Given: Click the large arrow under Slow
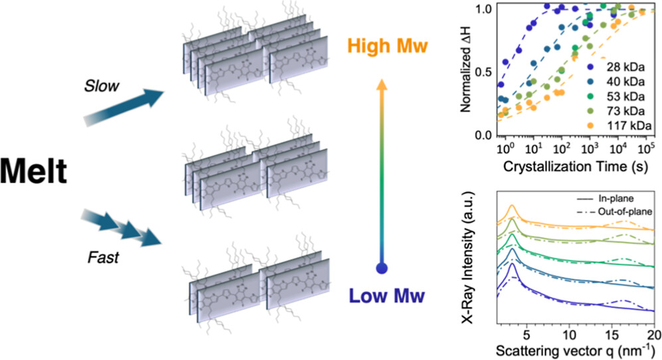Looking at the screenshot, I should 124,106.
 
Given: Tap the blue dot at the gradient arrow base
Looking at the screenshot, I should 382,268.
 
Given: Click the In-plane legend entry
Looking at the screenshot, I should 609,199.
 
